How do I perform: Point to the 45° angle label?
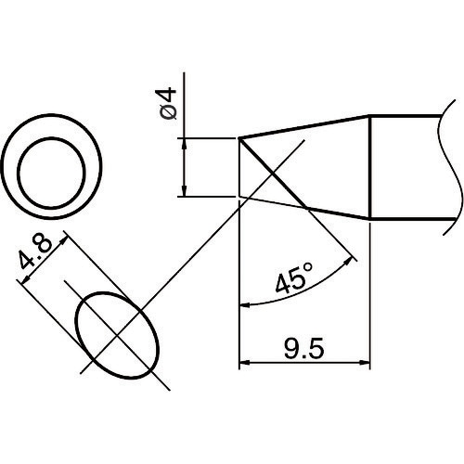coord(296,279)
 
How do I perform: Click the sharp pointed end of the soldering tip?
coord(240,139)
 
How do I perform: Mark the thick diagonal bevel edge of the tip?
coord(274,174)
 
